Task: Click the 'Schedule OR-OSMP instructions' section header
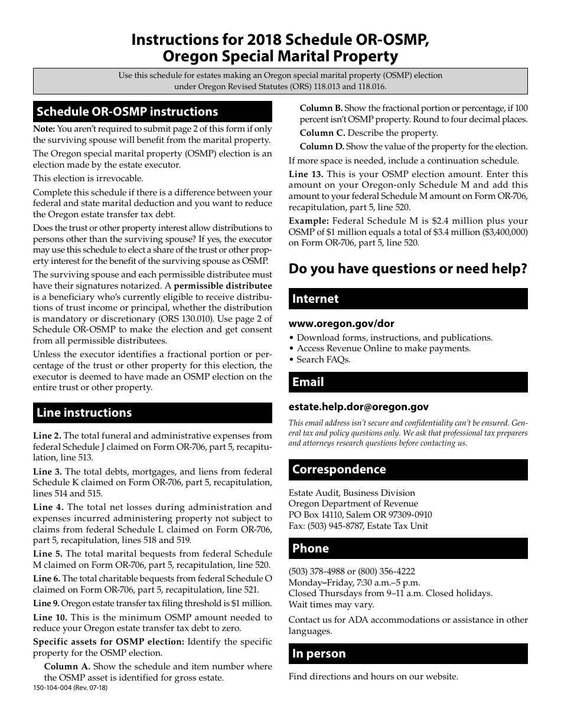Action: [152, 112]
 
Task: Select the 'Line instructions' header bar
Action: [152, 413]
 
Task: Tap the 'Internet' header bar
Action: [407, 299]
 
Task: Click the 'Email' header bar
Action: [407, 382]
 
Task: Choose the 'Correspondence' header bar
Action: [407, 469]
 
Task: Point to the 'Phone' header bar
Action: [407, 548]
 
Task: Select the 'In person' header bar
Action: [407, 653]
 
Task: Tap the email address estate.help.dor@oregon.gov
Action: [358, 407]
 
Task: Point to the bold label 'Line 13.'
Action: [306, 174]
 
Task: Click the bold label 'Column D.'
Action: [322, 146]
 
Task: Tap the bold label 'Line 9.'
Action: [46, 603]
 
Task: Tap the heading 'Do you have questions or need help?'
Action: [407, 269]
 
